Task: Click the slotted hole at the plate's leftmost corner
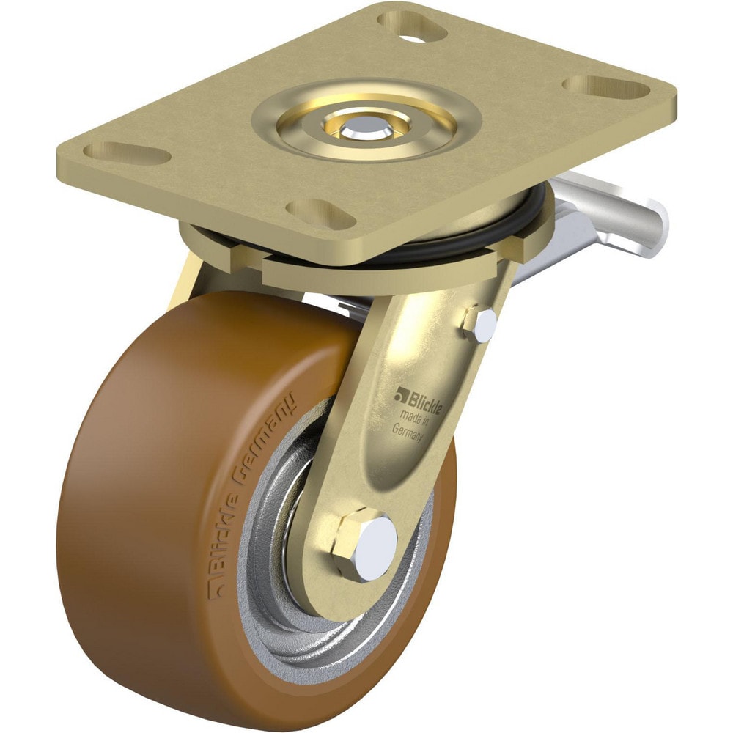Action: pyautogui.click(x=127, y=154)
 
